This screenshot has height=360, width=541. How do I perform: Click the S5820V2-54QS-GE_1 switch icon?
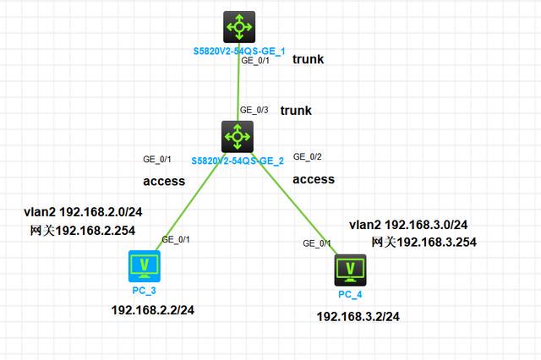coord(239,27)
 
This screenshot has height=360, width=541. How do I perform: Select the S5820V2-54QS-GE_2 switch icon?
coord(238,137)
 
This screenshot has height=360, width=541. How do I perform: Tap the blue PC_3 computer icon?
coord(145,266)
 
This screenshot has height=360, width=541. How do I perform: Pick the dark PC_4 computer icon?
coord(350,270)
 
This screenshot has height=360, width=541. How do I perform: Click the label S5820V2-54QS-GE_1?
coord(239,52)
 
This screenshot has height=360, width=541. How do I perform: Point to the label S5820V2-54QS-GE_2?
coord(238,161)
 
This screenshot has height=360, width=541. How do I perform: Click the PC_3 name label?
coord(145,291)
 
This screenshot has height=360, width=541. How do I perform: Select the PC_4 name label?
coord(350,294)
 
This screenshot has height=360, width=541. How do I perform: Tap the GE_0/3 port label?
coord(254,110)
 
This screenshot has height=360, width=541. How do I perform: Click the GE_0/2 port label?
coord(308,157)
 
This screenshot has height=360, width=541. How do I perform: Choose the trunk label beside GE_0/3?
coord(296,111)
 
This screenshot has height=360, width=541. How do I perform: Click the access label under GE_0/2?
coord(314,179)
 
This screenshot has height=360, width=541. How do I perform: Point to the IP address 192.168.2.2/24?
coord(153,310)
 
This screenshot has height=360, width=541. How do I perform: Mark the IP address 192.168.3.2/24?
coord(358,317)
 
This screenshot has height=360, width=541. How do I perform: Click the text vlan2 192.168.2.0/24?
coord(83,212)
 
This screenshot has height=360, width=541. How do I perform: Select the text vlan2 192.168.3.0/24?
coord(408,225)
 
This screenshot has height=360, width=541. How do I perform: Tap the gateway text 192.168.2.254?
coord(83,231)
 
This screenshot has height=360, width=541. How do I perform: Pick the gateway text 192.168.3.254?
coord(424,242)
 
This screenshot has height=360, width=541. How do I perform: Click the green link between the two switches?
coord(238,82)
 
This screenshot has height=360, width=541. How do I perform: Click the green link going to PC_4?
coord(295,204)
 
